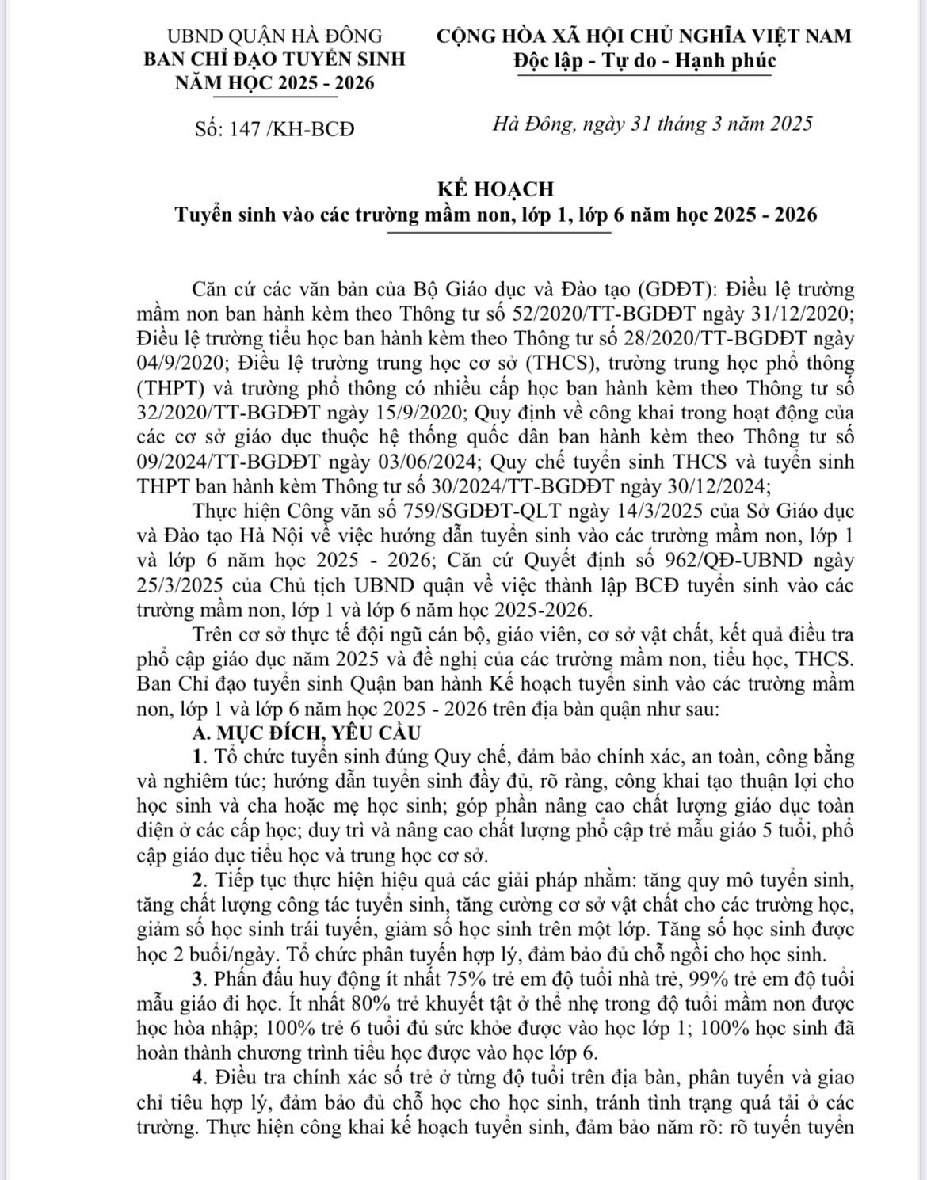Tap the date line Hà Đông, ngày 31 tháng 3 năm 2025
point(653,124)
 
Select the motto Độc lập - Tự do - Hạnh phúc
point(644,60)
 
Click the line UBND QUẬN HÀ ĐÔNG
point(275,36)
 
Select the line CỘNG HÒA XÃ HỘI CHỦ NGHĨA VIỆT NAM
point(644,36)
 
